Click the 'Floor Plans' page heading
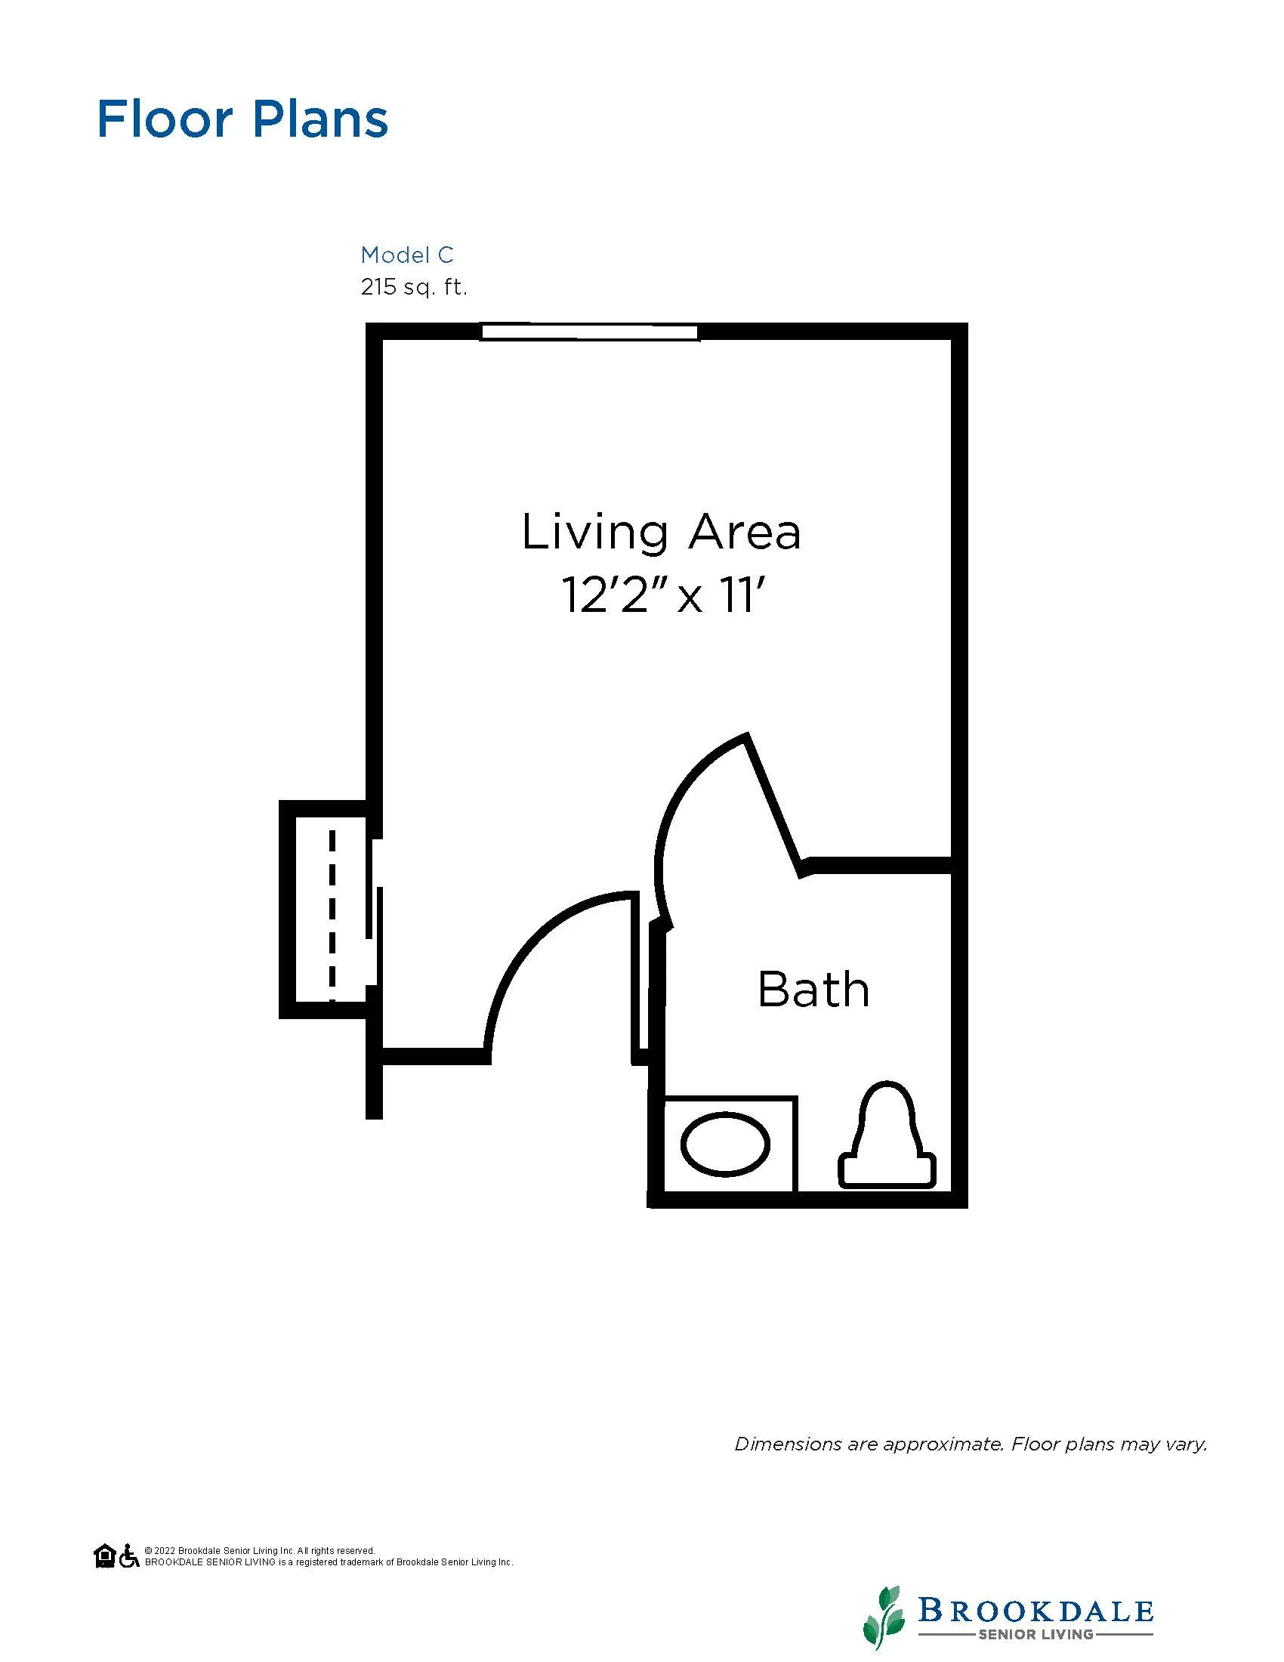(x=242, y=119)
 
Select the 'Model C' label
(x=407, y=254)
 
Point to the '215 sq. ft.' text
(x=414, y=288)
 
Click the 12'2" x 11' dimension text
(x=661, y=595)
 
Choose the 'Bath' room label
(x=813, y=990)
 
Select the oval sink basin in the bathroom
(x=725, y=1144)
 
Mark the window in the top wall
(x=590, y=332)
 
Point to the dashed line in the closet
(x=332, y=916)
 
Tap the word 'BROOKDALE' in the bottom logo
(x=1036, y=1611)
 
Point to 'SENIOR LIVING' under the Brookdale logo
(x=1036, y=1634)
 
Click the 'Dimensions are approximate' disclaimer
(x=971, y=1444)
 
